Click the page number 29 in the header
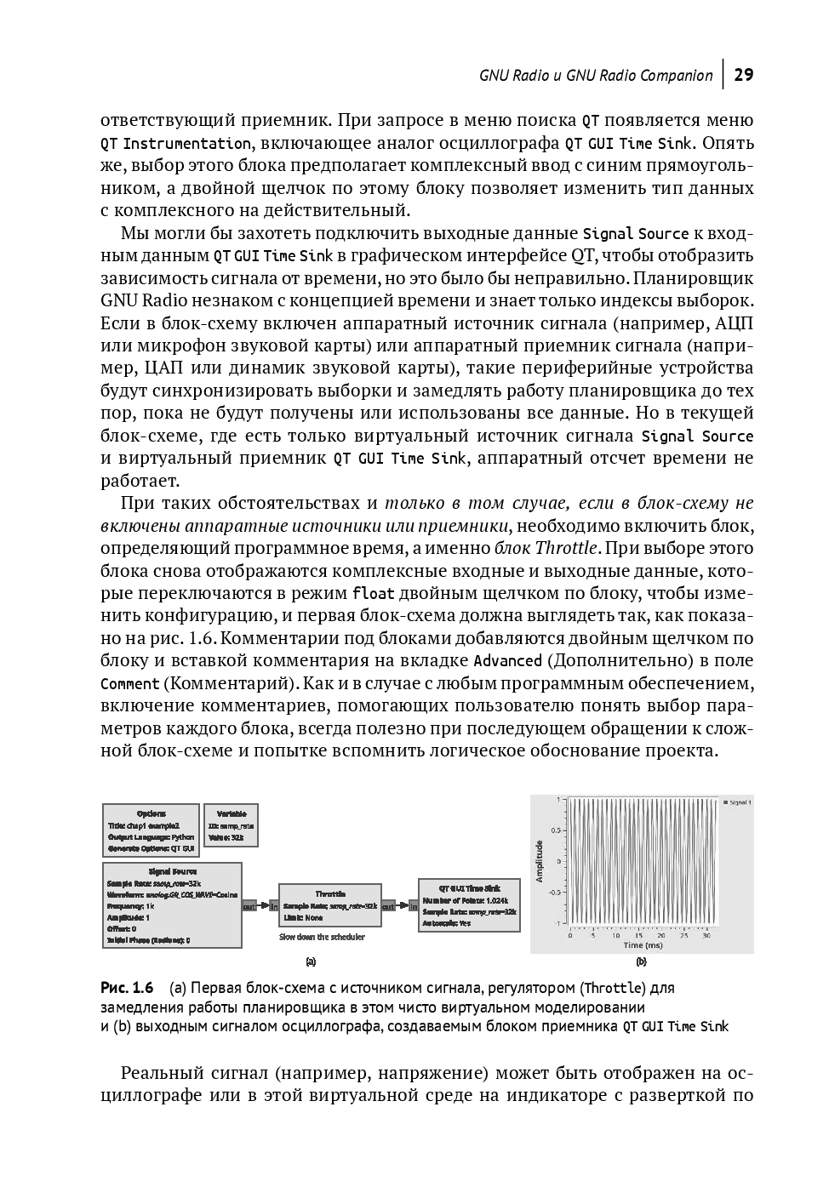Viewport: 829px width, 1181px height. point(743,75)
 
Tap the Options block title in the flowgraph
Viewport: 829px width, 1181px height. point(152,813)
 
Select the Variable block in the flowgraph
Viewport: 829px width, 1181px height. point(231,825)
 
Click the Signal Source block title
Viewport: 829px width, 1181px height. point(172,871)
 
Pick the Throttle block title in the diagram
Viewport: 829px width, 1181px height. point(330,893)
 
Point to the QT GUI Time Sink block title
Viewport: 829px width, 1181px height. point(469,887)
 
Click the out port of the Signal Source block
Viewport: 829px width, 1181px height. point(249,907)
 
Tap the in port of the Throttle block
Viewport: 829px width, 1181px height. point(273,907)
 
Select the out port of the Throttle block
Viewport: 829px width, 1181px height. point(388,907)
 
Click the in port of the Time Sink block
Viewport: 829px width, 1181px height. point(413,907)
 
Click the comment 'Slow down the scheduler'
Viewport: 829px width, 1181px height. point(322,937)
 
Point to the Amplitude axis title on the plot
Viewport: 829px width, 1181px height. point(540,861)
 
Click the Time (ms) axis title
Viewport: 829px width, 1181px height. point(643,944)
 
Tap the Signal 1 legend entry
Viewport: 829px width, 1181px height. point(736,802)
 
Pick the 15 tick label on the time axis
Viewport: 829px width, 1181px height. point(638,935)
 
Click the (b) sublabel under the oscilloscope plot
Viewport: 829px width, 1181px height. point(641,961)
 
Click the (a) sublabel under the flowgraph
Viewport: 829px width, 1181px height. point(311,961)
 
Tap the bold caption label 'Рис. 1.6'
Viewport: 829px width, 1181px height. point(127,988)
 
